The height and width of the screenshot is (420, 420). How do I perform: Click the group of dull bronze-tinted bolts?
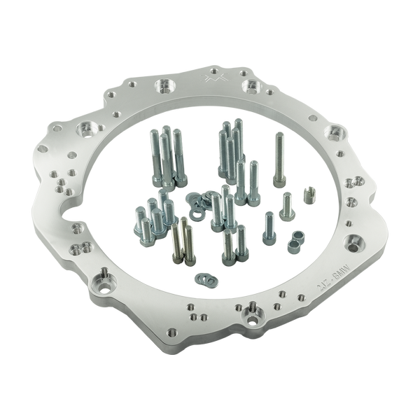tap(179, 241)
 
